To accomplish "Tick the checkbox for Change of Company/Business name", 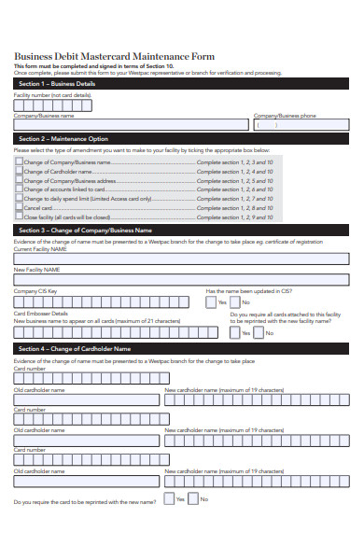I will click(x=19, y=161).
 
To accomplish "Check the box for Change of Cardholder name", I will click(x=19, y=171).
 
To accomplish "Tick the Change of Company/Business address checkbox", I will click(x=19, y=180).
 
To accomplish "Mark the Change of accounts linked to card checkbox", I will click(x=19, y=189).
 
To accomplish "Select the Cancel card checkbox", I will click(x=19, y=207).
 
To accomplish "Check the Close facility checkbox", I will click(x=19, y=217).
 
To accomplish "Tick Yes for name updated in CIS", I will click(x=211, y=301).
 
